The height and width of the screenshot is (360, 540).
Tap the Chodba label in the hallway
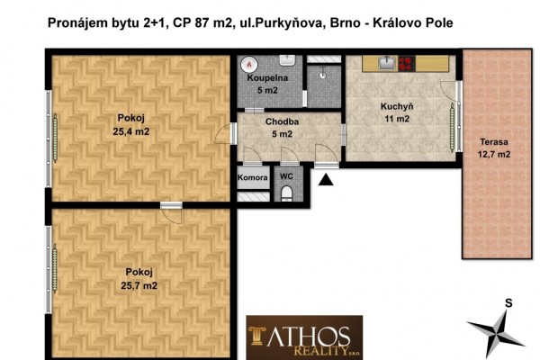coord(281,121)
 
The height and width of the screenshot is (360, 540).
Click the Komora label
coord(253,177)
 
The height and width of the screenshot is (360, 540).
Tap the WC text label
coord(286,176)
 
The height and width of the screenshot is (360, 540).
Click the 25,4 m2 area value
coord(132,131)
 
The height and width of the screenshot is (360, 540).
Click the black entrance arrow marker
coord(325,179)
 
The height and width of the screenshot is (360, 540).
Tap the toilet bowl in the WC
coord(286,193)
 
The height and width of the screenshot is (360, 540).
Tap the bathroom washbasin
coord(287,60)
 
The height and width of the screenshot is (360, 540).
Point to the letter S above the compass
coord(508,303)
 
